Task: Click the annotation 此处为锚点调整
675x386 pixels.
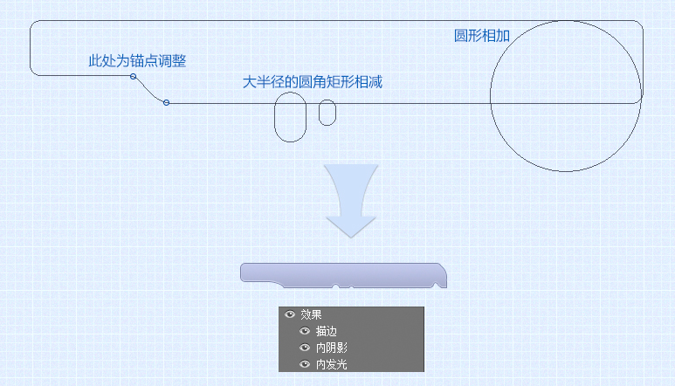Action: click(137, 60)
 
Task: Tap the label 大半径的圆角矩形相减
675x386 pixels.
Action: click(312, 82)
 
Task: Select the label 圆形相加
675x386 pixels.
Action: click(482, 36)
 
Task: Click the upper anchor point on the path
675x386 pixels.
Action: click(134, 77)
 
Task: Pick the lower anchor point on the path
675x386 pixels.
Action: click(166, 102)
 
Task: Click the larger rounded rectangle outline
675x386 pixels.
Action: click(275, 117)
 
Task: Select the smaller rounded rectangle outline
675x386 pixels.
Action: click(319, 113)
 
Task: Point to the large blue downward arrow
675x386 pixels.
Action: click(351, 200)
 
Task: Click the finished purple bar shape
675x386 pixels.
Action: click(343, 274)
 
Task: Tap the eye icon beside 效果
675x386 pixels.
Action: click(290, 314)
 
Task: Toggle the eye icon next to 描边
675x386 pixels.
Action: click(305, 331)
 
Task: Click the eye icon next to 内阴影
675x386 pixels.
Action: click(305, 348)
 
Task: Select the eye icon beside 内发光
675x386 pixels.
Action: click(305, 364)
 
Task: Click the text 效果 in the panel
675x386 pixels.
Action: click(311, 314)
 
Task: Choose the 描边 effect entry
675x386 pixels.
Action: click(327, 331)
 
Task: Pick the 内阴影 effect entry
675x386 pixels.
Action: click(332, 348)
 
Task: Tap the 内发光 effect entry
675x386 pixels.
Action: click(332, 364)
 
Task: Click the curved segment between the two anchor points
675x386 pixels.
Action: click(149, 91)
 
